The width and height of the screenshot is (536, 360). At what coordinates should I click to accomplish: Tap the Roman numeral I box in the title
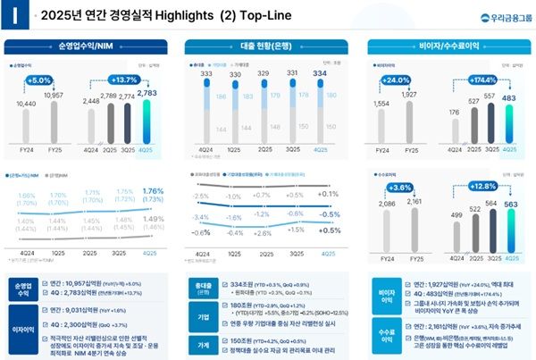[13, 15]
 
